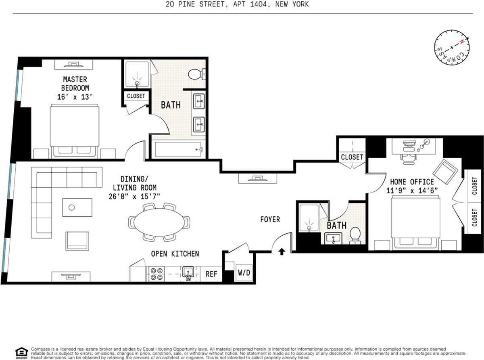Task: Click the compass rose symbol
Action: tap(452, 47)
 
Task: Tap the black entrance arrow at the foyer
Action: tap(282, 252)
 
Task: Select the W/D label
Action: tap(244, 272)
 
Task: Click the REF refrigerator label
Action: tap(211, 274)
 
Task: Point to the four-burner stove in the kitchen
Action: tap(156, 274)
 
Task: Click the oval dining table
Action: tap(159, 222)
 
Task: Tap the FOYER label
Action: tap(270, 219)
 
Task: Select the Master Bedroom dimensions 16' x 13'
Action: tap(75, 97)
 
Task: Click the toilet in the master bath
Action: tap(196, 74)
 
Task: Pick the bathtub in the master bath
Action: tap(178, 149)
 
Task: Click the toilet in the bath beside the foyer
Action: tap(355, 235)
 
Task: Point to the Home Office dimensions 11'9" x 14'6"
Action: tap(412, 191)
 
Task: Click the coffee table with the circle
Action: tap(77, 207)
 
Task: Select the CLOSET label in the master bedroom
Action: tap(136, 96)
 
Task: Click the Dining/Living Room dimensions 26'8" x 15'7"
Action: tap(134, 197)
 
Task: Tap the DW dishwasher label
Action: tap(188, 279)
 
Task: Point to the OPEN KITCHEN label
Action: tap(175, 254)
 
